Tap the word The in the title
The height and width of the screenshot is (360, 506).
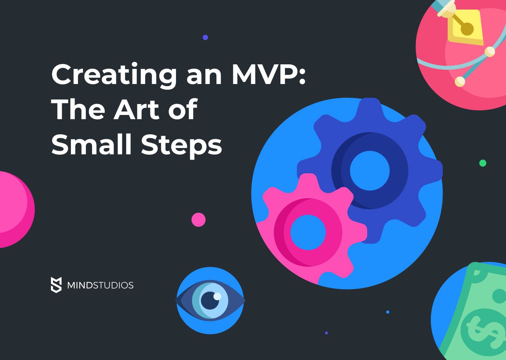point(78,110)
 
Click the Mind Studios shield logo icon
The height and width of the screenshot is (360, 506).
point(56,285)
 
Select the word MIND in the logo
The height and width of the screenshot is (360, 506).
point(80,285)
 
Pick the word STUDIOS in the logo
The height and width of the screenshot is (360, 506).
point(113,285)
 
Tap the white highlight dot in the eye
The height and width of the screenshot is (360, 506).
point(217,296)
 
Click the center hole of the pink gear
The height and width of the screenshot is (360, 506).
point(308,232)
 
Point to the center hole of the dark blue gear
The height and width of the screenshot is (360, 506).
point(370,171)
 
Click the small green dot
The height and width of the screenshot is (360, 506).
point(483,163)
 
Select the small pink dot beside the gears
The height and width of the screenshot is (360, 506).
point(199,220)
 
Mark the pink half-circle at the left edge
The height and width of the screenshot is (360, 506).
point(14,210)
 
